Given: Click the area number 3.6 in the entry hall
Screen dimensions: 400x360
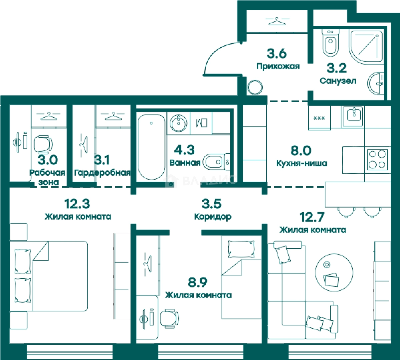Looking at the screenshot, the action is pyautogui.click(x=277, y=54).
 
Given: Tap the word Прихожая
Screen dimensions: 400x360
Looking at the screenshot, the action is pyautogui.click(x=278, y=66).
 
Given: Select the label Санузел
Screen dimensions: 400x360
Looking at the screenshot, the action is pyautogui.click(x=338, y=81).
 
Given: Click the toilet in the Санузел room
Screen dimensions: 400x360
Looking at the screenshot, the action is pyautogui.click(x=330, y=43).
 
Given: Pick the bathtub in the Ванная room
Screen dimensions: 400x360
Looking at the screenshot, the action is pyautogui.click(x=152, y=147).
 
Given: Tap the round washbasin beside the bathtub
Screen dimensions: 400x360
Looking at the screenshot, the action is pyautogui.click(x=178, y=123).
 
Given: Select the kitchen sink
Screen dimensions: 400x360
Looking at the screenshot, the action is pyautogui.click(x=354, y=116).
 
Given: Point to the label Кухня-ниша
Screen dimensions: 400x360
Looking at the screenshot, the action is pyautogui.click(x=302, y=163).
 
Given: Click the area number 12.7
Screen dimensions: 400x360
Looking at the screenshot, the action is pyautogui.click(x=312, y=217).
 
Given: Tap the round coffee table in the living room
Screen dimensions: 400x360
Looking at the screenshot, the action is pyautogui.click(x=334, y=272).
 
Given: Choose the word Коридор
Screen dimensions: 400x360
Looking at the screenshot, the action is pyautogui.click(x=213, y=217).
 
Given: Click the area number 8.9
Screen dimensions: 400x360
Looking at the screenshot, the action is pyautogui.click(x=198, y=282).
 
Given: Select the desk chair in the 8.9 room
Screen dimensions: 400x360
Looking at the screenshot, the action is pyautogui.click(x=169, y=319).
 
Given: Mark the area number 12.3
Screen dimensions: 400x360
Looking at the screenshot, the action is pyautogui.click(x=77, y=204).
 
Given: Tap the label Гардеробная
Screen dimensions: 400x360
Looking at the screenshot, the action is pyautogui.click(x=102, y=173).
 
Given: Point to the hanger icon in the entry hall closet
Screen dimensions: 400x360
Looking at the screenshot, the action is pyautogui.click(x=277, y=21).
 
